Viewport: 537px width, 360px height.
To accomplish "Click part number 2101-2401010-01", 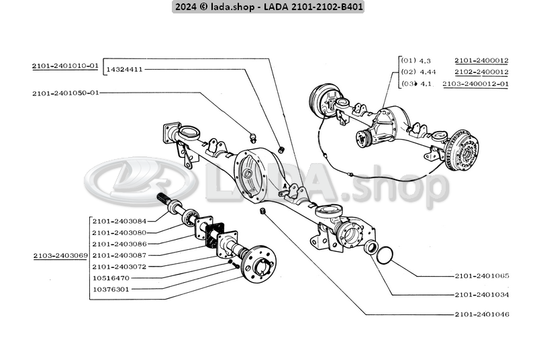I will tap(65, 66).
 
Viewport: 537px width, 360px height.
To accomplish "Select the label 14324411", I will tap(125, 69).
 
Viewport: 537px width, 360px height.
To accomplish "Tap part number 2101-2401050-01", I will tap(65, 93).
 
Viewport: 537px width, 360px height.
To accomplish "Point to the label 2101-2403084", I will tap(119, 220).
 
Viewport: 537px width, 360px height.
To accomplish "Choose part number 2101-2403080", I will tap(119, 232).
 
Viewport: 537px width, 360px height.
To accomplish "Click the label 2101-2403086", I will tap(119, 244).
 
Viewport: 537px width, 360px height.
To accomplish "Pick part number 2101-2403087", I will tap(119, 255).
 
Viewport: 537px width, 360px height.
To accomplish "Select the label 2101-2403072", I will tap(119, 267).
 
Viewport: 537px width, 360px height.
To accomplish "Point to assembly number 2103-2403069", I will tap(60, 256).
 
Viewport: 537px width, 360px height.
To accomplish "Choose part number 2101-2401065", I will tap(481, 276).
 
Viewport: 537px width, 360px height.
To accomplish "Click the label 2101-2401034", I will tap(481, 295).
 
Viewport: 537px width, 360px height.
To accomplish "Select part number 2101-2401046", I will tap(481, 314).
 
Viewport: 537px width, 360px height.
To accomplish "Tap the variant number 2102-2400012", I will tap(481, 72).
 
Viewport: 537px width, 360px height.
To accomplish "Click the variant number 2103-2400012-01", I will tap(475, 84).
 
